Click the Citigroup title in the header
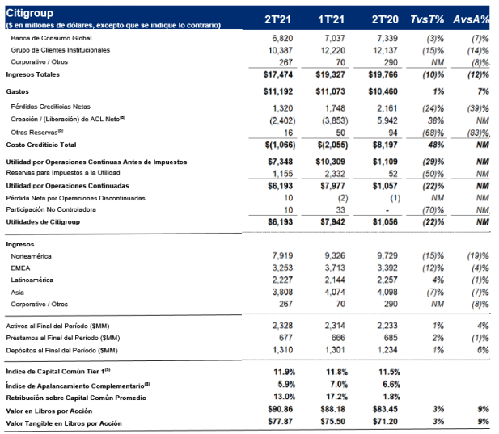[x=29, y=13]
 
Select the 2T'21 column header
[x=278, y=19]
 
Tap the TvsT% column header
[x=427, y=19]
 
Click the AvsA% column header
[x=472, y=19]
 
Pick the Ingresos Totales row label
[x=33, y=74]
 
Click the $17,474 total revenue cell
[x=278, y=74]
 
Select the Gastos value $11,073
[x=330, y=91]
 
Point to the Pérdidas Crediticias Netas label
[x=51, y=107]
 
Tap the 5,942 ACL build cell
[x=387, y=120]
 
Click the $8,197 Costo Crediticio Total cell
[x=386, y=145]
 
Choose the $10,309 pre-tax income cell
[x=330, y=162]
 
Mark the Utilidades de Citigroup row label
[x=43, y=222]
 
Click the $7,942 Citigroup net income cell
[x=332, y=222]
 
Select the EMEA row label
[x=20, y=268]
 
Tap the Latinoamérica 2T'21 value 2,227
[x=282, y=280]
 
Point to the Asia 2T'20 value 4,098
[x=387, y=293]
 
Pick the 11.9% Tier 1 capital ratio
[x=284, y=372]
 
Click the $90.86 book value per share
[x=281, y=409]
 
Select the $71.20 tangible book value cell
[x=386, y=422]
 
